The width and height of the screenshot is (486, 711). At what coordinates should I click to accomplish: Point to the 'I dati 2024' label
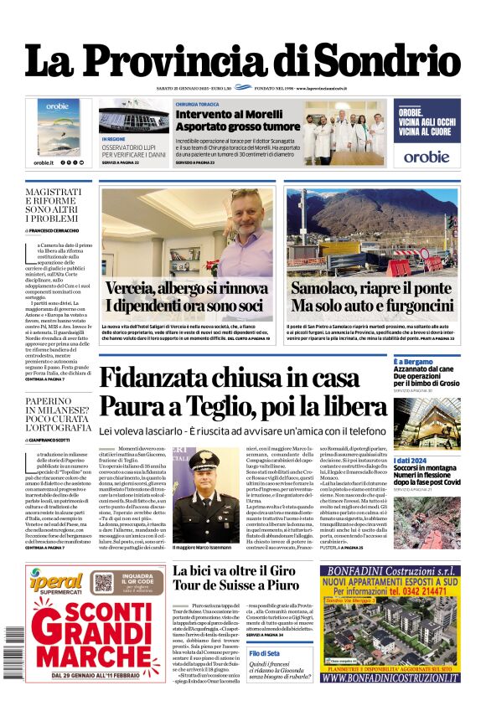(409, 461)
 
